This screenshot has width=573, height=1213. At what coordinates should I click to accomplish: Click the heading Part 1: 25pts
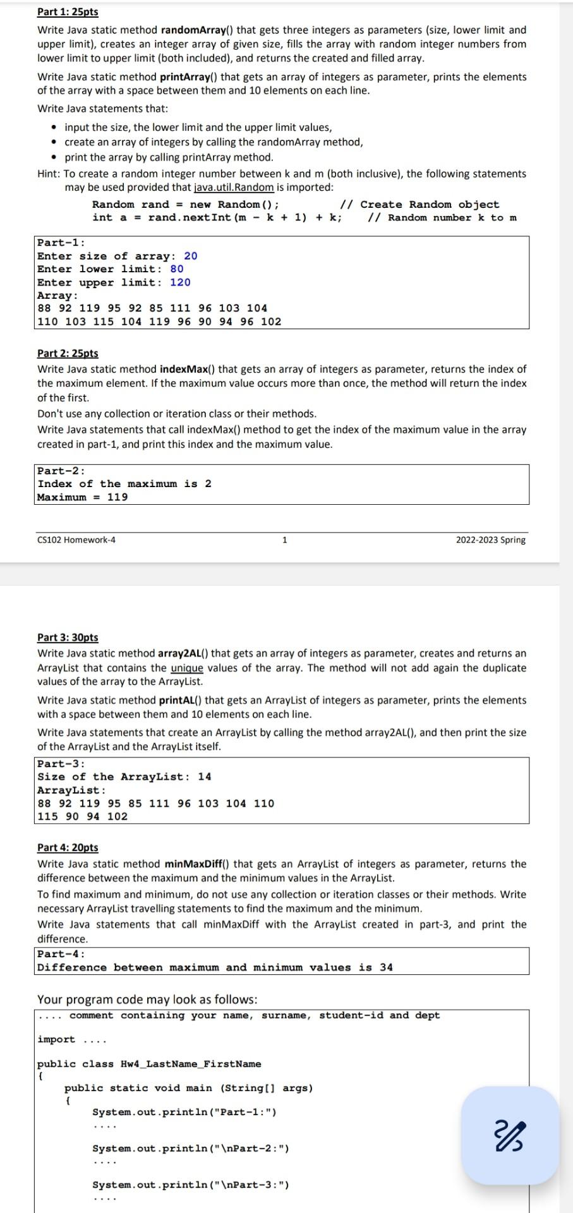pyautogui.click(x=68, y=12)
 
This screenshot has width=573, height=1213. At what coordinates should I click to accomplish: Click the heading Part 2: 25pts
pyautogui.click(x=68, y=353)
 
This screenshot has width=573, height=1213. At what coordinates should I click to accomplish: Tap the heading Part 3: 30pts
pyautogui.click(x=68, y=637)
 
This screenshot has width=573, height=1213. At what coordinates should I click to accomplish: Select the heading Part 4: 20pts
pyautogui.click(x=68, y=847)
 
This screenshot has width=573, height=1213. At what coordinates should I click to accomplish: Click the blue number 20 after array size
pyautogui.click(x=190, y=256)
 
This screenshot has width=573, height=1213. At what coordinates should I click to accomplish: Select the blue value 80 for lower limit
pyautogui.click(x=177, y=269)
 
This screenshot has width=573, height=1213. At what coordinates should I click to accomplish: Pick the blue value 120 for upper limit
pyautogui.click(x=180, y=282)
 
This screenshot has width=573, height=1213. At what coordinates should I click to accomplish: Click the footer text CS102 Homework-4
pyautogui.click(x=76, y=540)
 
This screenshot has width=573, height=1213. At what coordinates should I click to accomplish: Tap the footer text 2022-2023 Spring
pyautogui.click(x=490, y=540)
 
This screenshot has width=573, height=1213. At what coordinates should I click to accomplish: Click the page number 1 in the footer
pyautogui.click(x=284, y=540)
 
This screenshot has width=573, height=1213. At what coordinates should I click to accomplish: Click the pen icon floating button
pyautogui.click(x=510, y=1135)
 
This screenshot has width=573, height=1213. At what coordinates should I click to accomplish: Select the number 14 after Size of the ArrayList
pyautogui.click(x=204, y=776)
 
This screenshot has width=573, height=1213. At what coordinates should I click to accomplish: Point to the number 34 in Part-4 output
pyautogui.click(x=386, y=967)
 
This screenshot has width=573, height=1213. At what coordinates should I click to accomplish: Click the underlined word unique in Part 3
pyautogui.click(x=186, y=668)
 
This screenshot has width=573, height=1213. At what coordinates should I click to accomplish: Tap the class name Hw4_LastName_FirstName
pyautogui.click(x=191, y=1064)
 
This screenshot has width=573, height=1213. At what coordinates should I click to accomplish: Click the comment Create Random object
pyautogui.click(x=430, y=204)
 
